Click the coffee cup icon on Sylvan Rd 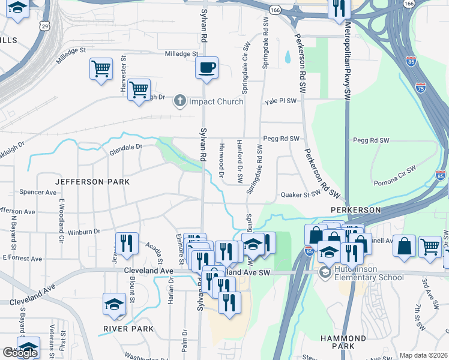tap(207, 68)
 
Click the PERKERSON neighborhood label tap(355, 210)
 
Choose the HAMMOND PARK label tap(343, 342)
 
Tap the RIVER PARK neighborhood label tap(128, 329)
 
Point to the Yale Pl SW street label tap(281, 101)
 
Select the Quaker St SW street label tap(301, 194)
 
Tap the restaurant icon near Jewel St tap(126, 242)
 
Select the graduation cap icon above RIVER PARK tap(114, 304)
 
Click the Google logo tap(20, 353)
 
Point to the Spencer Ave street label tap(38, 192)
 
